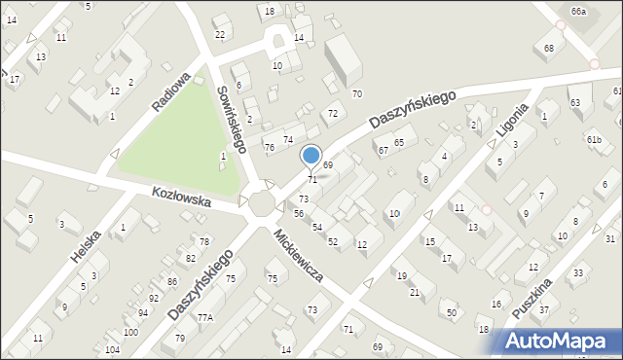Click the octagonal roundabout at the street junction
pyautogui.click(x=262, y=203)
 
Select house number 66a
pyautogui.click(x=579, y=11)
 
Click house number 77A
pyautogui.click(x=204, y=318)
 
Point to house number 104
pyautogui.click(x=113, y=349)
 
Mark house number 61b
pyautogui.click(x=594, y=140)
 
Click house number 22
pyautogui.click(x=220, y=35)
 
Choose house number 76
pyautogui.click(x=269, y=147)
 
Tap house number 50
pyautogui.click(x=451, y=312)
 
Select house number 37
pyautogui.click(x=544, y=309)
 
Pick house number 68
pyautogui.click(x=550, y=48)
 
